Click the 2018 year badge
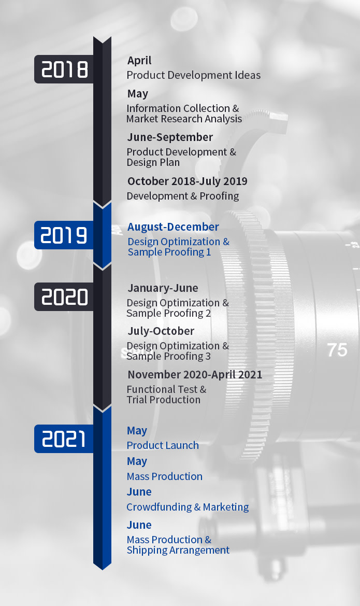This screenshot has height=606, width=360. coord(64,69)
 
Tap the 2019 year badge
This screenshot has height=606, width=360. coord(64,235)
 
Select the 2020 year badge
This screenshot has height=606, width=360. coord(64,297)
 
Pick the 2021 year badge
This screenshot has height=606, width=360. coord(64,439)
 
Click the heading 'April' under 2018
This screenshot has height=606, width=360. coord(139,61)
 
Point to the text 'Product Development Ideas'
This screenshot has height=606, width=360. coord(194,75)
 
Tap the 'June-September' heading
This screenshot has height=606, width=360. coord(170,137)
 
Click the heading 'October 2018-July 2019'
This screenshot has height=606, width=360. coord(188,181)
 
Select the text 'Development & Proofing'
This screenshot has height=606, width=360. coord(183,196)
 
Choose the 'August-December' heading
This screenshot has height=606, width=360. coord(173,227)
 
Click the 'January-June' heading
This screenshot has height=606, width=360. coord(163,288)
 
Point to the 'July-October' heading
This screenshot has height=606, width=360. coord(161,331)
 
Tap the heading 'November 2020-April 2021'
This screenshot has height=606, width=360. coord(195,374)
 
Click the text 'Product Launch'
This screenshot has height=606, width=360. coord(163,445)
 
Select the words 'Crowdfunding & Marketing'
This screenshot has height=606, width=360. coord(188,506)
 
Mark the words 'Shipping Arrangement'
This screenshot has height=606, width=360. coord(178,550)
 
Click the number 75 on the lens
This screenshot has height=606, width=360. coord(337,350)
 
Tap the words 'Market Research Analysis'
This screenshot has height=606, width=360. coord(184,119)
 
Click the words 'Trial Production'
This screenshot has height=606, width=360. coord(163,400)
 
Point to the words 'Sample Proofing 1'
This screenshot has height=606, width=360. coord(169,252)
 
